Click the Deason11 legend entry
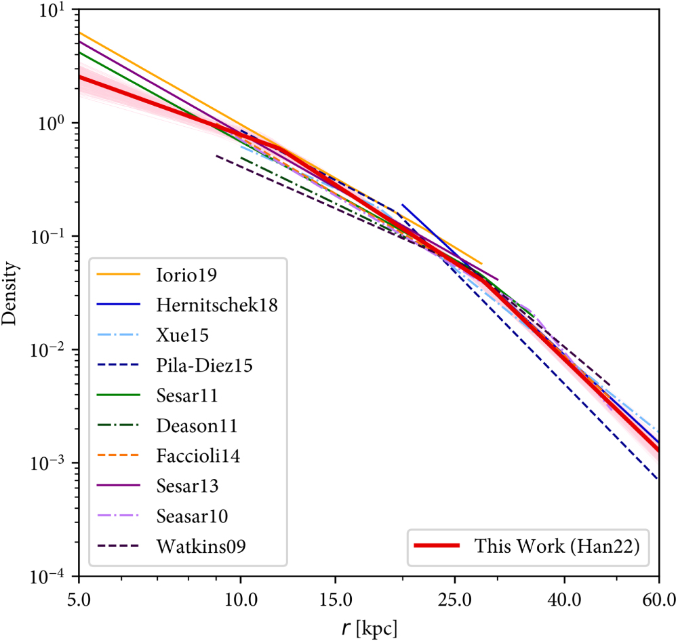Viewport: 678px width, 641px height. point(191,425)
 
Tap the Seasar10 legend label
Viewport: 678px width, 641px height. point(189,516)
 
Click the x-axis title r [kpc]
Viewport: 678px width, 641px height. point(370,626)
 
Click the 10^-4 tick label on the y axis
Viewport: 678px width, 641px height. point(52,577)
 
